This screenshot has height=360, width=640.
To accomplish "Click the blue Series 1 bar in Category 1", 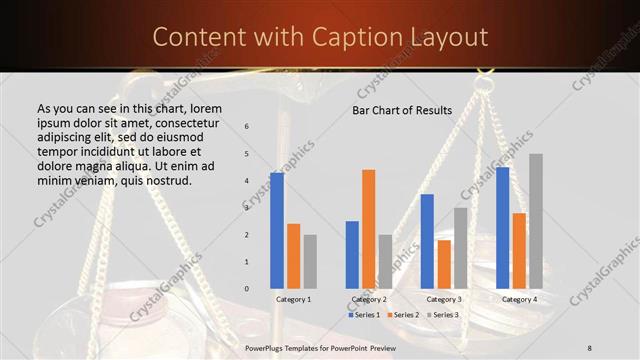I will pyautogui.click(x=277, y=231).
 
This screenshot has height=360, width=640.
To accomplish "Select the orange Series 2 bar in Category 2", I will pyautogui.click(x=369, y=229).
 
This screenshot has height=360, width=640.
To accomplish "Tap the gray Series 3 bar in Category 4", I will pyautogui.click(x=536, y=221).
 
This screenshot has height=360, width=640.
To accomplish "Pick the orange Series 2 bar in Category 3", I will pyautogui.click(x=444, y=264).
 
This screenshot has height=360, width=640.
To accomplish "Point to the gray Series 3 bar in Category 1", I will pyautogui.click(x=310, y=262).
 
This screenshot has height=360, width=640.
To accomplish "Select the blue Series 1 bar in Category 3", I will pyautogui.click(x=427, y=241).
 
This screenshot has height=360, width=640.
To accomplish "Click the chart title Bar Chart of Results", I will pyautogui.click(x=402, y=110).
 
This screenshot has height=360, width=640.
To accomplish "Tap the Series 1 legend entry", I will pyautogui.click(x=364, y=315).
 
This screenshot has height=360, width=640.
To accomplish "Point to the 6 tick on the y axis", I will pyautogui.click(x=246, y=127).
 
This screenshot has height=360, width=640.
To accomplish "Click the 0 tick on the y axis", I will pyautogui.click(x=246, y=289).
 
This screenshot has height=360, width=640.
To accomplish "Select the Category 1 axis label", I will pyautogui.click(x=293, y=299).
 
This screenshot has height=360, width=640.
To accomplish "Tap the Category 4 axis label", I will pyautogui.click(x=519, y=299).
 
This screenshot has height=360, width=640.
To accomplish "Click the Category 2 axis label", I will pyautogui.click(x=368, y=299).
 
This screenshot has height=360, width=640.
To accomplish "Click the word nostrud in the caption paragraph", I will pyautogui.click(x=167, y=180).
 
